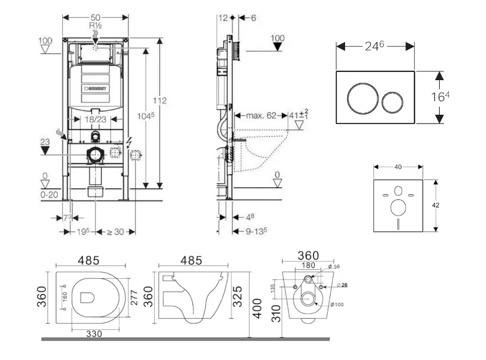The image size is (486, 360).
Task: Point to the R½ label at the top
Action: (95, 26)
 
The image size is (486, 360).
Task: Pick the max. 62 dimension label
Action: (261, 115)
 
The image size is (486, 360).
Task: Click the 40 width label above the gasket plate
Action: (398, 167)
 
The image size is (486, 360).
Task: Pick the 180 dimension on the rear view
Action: (309, 265)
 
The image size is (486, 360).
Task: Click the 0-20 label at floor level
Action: (50, 195)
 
